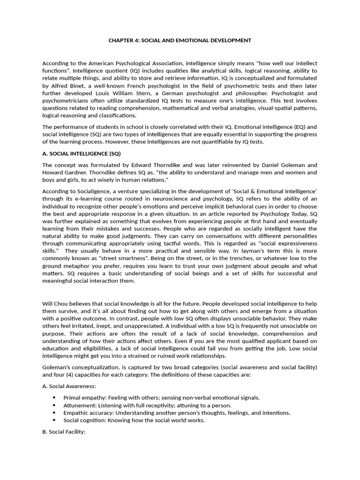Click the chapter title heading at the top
(180, 40)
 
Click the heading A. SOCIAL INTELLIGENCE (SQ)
(82, 153)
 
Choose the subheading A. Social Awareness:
(69, 386)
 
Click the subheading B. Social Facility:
(64, 432)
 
